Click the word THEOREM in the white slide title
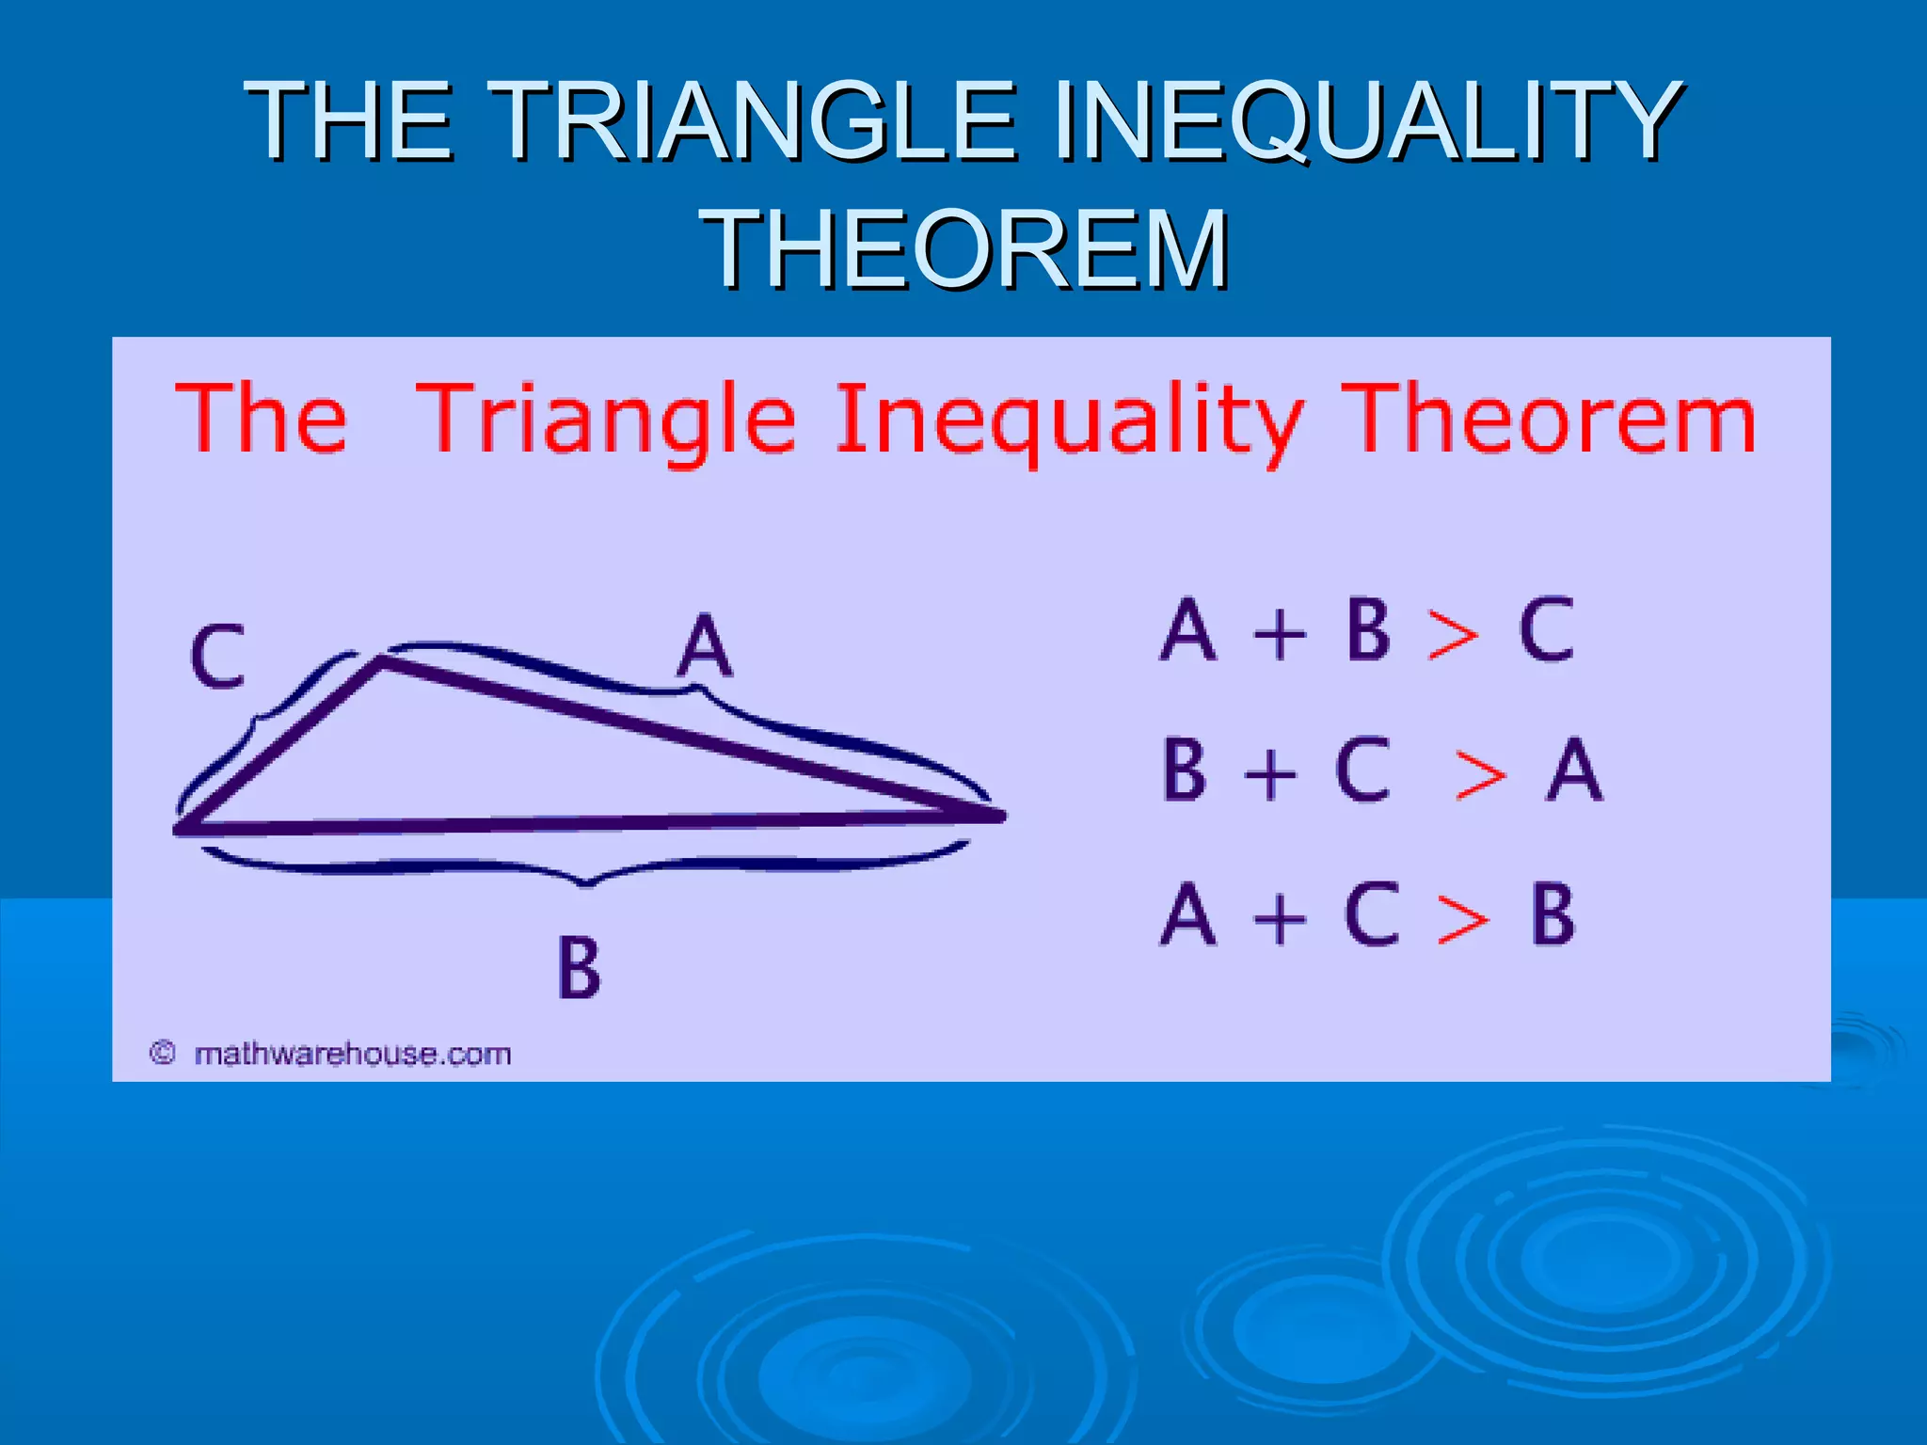coord(965,249)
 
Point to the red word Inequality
coord(1069,421)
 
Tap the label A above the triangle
coord(704,646)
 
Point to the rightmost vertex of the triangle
coord(1001,816)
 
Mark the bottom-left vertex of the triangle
coord(180,829)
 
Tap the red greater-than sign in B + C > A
coord(1479,776)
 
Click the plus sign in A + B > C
coord(1280,633)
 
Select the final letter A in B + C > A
coord(1574,770)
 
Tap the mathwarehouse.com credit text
coord(352,1054)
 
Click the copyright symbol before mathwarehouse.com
coord(163,1053)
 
